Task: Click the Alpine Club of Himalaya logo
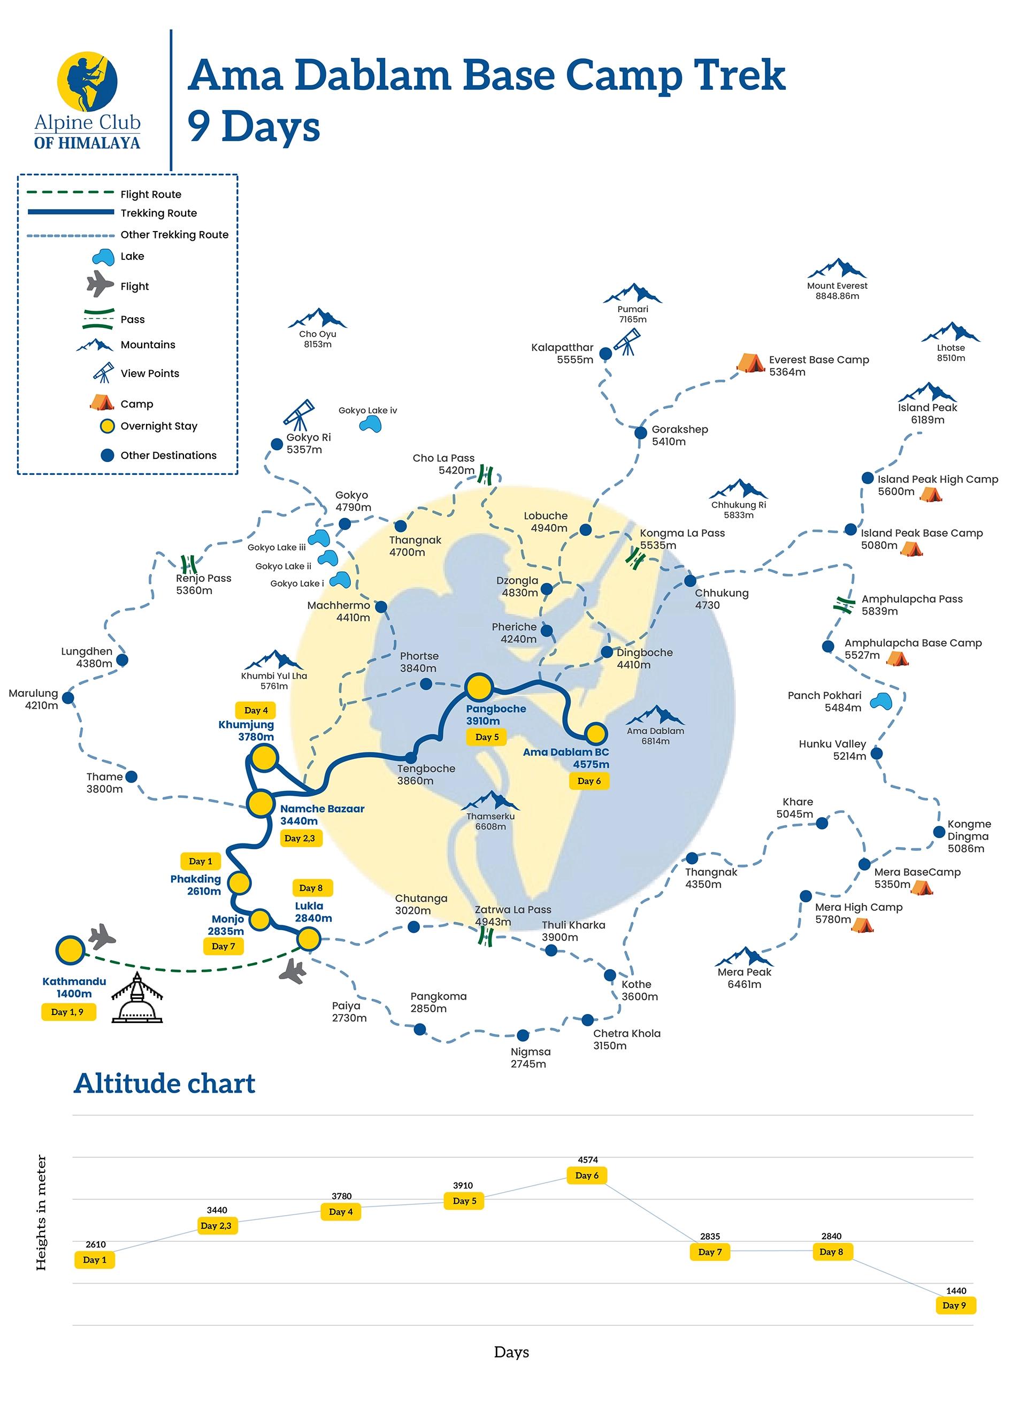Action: (87, 100)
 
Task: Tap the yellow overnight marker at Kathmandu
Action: (70, 950)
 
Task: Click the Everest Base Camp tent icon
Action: (749, 362)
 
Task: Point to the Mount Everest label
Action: (837, 290)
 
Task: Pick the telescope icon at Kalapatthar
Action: (626, 342)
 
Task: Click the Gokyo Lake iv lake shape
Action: (370, 424)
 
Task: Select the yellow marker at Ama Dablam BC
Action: (595, 733)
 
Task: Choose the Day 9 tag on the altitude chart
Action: (954, 1305)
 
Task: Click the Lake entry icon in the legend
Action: (103, 257)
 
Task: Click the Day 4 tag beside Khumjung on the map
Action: (256, 710)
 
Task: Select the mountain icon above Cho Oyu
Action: (317, 318)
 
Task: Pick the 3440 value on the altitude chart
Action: (217, 1210)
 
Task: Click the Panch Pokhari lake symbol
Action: (881, 700)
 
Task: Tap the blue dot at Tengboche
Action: (410, 757)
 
